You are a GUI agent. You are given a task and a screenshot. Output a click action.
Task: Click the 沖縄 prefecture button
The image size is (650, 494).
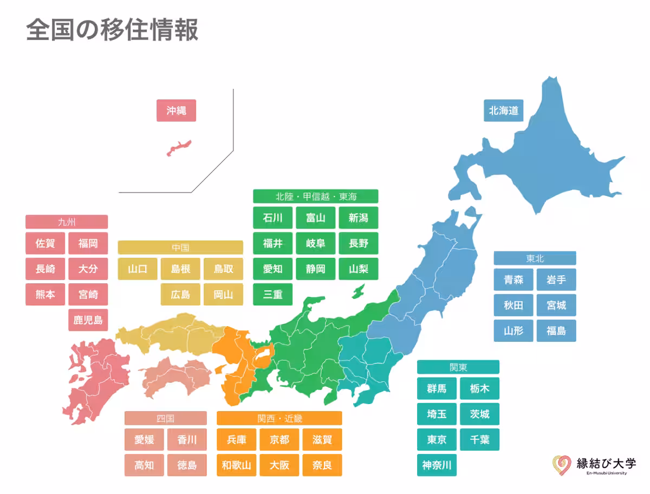pos(176,110)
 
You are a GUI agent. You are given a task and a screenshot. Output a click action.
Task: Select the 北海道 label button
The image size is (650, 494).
pos(503,110)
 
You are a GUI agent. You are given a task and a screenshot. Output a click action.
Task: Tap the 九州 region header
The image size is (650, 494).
pos(67,222)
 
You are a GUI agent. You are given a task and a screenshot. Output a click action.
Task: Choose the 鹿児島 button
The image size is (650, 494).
pos(88,320)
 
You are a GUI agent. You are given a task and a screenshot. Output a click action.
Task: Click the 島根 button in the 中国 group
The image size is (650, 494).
pos(180,269)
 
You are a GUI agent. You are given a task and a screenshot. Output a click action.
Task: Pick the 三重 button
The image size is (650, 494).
pos(272,294)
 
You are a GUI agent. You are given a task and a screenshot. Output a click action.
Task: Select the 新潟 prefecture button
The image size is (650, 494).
pos(358,218)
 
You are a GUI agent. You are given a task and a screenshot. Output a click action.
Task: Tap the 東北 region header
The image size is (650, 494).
pos(535,258)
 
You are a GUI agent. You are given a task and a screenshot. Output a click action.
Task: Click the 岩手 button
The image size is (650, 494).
pos(556,279)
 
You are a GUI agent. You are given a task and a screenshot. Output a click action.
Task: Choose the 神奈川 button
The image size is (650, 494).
pos(437,465)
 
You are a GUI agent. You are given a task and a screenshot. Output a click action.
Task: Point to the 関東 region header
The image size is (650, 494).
pos(458,367)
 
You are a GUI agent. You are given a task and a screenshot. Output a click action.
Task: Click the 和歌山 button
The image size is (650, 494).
pos(236,465)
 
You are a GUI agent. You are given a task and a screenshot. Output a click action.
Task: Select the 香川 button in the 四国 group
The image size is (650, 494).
pos(187,439)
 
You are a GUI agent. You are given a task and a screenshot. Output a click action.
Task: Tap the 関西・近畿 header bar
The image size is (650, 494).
pos(279,418)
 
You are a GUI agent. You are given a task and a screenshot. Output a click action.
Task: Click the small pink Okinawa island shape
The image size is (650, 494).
pos(179,147)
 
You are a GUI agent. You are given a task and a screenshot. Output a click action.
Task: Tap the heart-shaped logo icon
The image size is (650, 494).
pos(562,465)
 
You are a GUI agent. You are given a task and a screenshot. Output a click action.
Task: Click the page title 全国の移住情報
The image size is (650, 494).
pos(112,30)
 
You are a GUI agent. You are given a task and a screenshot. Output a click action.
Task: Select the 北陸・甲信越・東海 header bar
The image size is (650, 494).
pos(315,196)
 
